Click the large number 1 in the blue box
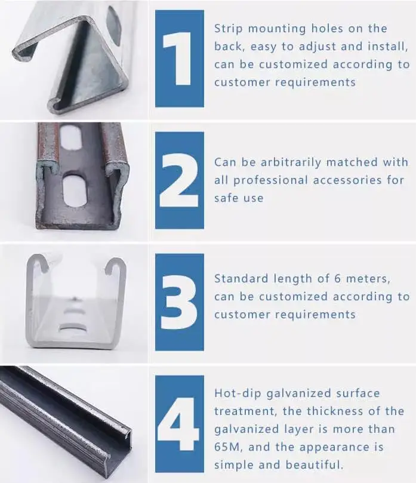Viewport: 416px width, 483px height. coord(178,59)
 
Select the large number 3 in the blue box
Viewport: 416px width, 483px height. coord(179,302)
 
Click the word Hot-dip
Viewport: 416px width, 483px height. coord(236,393)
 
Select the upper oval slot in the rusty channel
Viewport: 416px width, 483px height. coord(70,138)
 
